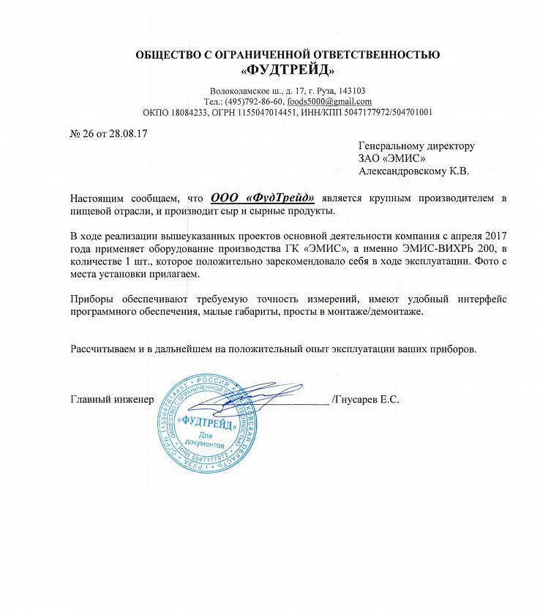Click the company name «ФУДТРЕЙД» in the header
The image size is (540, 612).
[x=288, y=71]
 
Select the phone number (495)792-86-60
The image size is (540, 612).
[x=253, y=102]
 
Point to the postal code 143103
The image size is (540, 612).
[x=359, y=91]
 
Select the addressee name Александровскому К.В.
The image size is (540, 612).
[x=413, y=171]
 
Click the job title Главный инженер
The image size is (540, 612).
[x=112, y=399]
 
